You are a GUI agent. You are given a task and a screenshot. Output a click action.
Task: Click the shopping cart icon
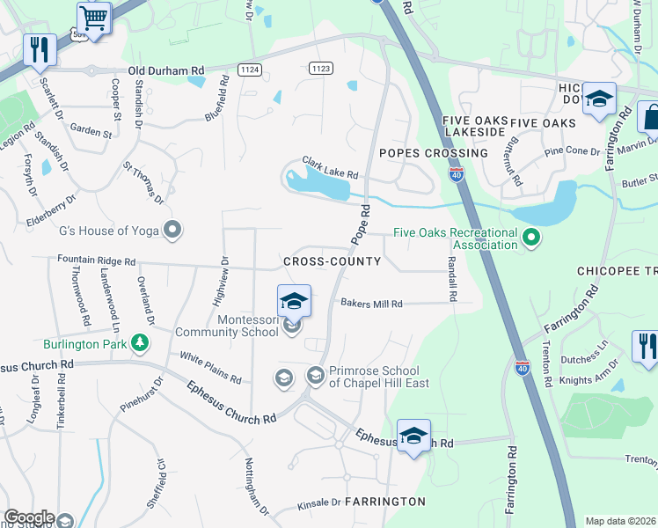94,18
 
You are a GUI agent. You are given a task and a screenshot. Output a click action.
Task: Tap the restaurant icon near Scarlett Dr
39,49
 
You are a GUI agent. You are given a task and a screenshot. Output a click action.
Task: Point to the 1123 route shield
320,68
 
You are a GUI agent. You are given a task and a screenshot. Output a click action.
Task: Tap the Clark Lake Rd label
330,167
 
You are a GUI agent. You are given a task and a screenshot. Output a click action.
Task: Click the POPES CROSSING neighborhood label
433,153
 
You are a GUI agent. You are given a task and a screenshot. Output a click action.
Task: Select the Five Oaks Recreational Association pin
530,238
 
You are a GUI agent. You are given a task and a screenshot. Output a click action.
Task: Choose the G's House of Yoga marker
172,231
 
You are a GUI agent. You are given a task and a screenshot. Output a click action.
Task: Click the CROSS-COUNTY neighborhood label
333,261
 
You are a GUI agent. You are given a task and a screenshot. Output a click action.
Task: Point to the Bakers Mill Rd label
371,304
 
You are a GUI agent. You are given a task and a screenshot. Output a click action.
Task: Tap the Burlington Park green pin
139,342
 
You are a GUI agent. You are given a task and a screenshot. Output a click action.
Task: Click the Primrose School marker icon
315,377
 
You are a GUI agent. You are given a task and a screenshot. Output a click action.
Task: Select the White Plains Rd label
210,368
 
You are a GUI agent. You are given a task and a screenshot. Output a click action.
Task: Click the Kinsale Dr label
318,502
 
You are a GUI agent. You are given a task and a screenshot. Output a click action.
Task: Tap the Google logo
29,517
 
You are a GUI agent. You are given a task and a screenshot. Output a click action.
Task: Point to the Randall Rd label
451,280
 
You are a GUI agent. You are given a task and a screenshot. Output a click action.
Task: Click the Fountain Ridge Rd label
97,261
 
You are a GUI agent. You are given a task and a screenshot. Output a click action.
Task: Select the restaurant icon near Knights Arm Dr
645,346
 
